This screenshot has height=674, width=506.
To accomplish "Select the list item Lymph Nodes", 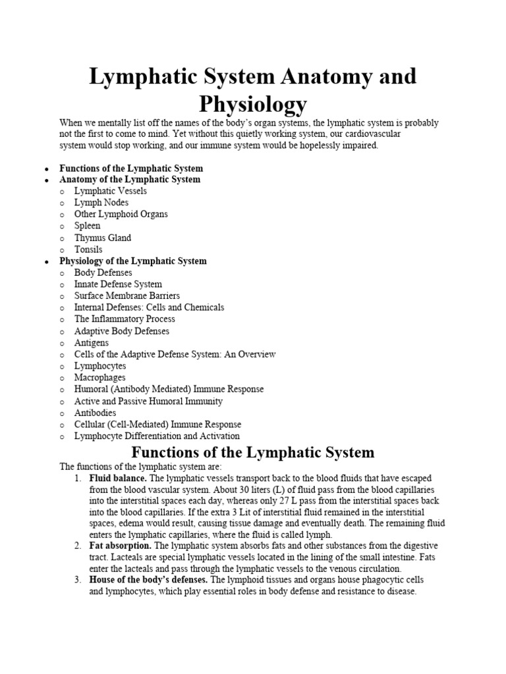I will click(101, 203).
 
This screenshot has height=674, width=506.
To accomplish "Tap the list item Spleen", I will click(87, 226).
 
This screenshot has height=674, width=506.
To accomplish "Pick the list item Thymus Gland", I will click(102, 238).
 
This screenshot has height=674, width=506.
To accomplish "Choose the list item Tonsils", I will click(88, 249).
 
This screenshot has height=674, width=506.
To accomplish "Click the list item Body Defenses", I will click(103, 272).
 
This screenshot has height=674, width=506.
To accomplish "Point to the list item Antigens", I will click(91, 343).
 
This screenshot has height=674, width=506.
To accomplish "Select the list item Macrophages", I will click(99, 378).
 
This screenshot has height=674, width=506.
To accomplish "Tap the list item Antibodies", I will click(95, 413).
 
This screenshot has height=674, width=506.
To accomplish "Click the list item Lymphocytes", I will click(99, 366).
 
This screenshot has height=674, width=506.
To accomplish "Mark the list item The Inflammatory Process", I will click(125, 319).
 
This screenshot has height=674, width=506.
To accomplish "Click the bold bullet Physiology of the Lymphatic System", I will click(132, 261).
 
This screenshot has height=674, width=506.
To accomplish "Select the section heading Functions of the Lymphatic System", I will click(253, 453).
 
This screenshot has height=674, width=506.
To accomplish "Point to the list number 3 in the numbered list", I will click(77, 580).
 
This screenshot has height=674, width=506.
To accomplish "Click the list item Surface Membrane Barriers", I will click(126, 296).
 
